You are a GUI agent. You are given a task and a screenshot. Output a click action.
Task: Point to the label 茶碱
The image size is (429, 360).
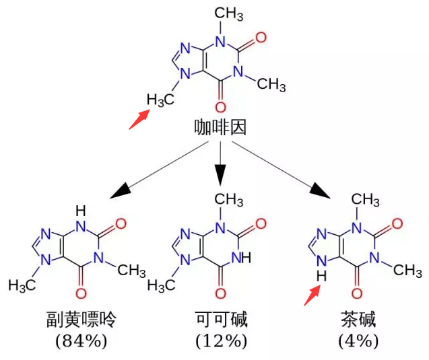tap(358, 318)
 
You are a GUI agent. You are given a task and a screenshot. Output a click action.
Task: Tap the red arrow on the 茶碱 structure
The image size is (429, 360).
tap(312, 294)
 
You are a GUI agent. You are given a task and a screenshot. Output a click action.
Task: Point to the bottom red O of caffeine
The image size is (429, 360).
tap(220, 107)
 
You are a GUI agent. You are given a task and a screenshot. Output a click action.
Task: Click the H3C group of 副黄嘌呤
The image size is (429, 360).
tap(22, 285)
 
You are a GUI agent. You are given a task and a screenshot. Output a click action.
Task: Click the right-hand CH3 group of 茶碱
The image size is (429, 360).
tap(407, 270)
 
